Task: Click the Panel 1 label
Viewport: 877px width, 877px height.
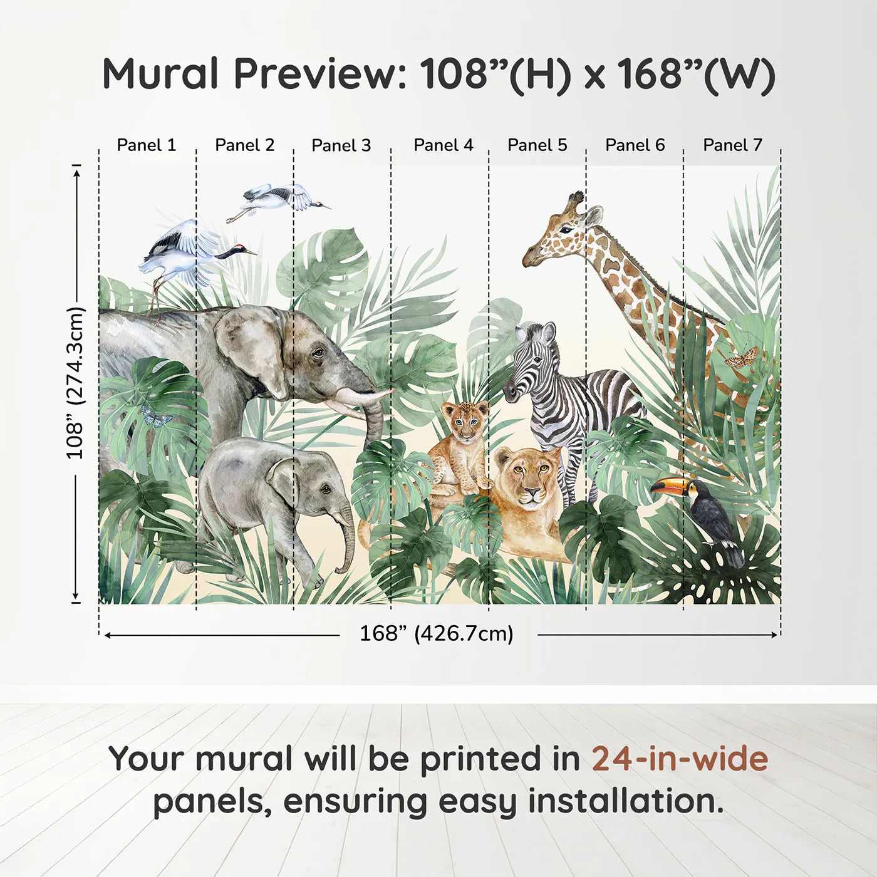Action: (x=146, y=145)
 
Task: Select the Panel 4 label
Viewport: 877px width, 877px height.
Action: (x=444, y=145)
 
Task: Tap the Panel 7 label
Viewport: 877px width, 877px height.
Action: (x=732, y=145)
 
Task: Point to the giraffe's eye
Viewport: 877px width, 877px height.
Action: (x=565, y=230)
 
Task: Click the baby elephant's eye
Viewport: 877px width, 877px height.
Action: (x=326, y=490)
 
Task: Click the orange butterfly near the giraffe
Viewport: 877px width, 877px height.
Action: (x=741, y=357)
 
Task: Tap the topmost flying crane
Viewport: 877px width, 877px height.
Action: (x=278, y=199)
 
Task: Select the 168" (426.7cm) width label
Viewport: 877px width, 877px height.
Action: (x=437, y=633)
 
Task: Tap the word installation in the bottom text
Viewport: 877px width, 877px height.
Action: (x=625, y=802)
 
